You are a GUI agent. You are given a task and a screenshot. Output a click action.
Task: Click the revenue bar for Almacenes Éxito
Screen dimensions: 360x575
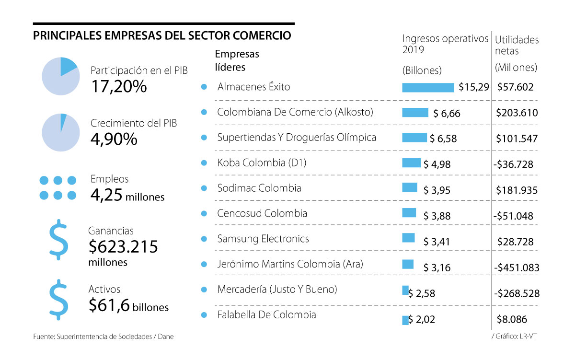pyautogui.click(x=428, y=87)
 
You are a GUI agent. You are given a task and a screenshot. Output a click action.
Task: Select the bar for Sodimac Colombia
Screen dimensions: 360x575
pyautogui.click(x=410, y=187)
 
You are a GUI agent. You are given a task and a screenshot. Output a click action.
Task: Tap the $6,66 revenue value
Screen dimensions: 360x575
pyautogui.click(x=446, y=113)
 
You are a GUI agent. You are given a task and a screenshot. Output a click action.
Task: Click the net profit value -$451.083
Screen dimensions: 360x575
pyautogui.click(x=516, y=267)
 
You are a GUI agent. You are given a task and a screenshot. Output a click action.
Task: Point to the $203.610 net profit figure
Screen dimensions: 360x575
pyautogui.click(x=517, y=113)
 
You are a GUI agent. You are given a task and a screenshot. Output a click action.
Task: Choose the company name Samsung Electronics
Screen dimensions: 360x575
pyautogui.click(x=263, y=239)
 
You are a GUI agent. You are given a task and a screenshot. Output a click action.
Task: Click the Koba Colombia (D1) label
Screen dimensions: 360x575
pyautogui.click(x=262, y=163)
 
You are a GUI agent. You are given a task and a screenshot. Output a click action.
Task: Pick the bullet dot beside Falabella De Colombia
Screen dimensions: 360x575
pyautogui.click(x=204, y=315)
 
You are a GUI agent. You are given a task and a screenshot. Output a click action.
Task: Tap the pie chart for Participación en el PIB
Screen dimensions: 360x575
pyautogui.click(x=60, y=76)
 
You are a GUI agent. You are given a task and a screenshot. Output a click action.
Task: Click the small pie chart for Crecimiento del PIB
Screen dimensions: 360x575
pyautogui.click(x=60, y=132)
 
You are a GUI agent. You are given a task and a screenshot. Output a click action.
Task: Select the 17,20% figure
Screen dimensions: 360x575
pyautogui.click(x=118, y=87)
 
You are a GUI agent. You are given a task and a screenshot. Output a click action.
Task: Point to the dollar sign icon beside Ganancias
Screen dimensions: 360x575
pyautogui.click(x=58, y=240)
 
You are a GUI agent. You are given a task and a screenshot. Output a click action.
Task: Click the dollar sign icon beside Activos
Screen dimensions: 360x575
pyautogui.click(x=58, y=299)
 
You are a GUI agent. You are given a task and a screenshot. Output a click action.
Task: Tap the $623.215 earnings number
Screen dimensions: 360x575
pyautogui.click(x=123, y=247)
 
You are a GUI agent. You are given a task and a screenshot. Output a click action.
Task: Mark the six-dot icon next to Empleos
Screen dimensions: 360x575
pyautogui.click(x=58, y=187)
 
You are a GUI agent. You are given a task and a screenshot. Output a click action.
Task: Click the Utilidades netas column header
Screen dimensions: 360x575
pyautogui.click(x=517, y=46)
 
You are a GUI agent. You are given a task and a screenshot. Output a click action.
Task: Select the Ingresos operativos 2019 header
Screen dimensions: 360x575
pyautogui.click(x=445, y=44)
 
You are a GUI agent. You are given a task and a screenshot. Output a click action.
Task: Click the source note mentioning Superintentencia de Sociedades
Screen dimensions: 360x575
pyautogui.click(x=103, y=337)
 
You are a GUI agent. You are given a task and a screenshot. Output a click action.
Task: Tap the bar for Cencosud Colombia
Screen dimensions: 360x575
pyautogui.click(x=409, y=213)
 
